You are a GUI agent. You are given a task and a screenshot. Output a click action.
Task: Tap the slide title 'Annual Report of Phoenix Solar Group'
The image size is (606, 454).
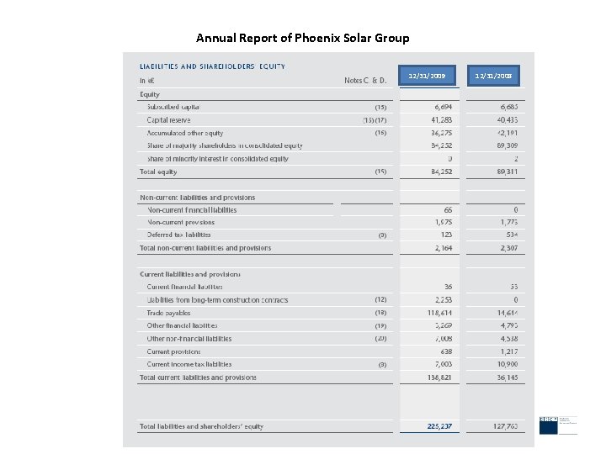pos(303,38)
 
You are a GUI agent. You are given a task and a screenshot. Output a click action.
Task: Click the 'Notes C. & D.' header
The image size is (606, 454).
pos(365,81)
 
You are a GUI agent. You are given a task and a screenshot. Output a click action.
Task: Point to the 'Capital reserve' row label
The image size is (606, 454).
pos(168,120)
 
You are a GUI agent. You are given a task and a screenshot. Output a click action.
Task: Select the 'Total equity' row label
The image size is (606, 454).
pos(158,172)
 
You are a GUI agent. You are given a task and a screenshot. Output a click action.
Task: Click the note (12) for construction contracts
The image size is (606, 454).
pos(380,299)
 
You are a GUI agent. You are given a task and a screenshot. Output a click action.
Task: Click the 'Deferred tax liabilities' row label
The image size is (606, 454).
pos(179,235)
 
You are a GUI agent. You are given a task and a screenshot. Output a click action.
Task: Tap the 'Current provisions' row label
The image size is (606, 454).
pos(174,351)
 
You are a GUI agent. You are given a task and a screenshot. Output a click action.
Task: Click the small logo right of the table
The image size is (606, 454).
pos(549,425)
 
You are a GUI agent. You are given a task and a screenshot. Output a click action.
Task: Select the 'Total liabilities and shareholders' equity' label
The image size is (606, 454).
pos(201,426)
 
